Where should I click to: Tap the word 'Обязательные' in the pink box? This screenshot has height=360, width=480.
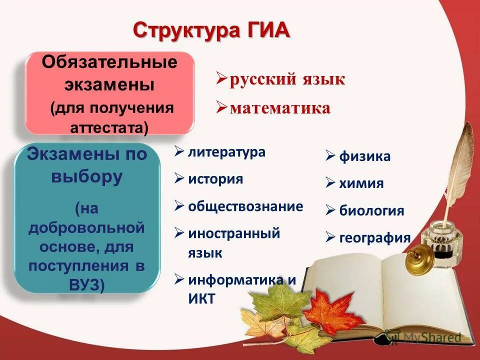(109, 63)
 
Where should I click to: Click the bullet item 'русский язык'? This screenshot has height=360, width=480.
(287, 79)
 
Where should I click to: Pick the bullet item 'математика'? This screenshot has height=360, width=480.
(280, 108)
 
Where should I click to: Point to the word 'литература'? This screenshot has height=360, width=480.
(226, 152)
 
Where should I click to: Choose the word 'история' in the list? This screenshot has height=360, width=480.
(215, 179)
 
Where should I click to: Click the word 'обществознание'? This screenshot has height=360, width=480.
(245, 206)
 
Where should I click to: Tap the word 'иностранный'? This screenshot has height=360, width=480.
(234, 233)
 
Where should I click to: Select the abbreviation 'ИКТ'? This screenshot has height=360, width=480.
(201, 299)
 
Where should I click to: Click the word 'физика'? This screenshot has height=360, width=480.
(365, 156)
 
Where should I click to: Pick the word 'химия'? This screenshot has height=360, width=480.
(361, 183)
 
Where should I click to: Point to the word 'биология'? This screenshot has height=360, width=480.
(371, 210)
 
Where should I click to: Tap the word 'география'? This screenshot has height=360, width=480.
(374, 237)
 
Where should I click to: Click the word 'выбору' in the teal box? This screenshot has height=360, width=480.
(86, 177)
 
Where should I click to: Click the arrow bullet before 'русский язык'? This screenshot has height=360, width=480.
(221, 79)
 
